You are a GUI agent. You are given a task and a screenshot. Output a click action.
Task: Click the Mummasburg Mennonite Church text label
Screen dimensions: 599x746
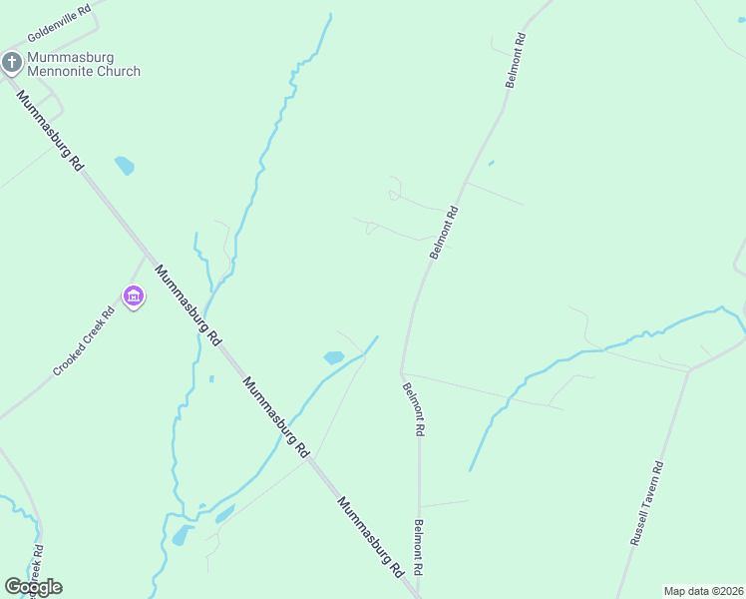click(x=84, y=64)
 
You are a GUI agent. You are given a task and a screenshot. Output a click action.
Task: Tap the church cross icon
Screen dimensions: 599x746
click(x=12, y=64)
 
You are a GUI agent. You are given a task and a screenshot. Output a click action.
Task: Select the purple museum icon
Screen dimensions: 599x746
click(x=134, y=297)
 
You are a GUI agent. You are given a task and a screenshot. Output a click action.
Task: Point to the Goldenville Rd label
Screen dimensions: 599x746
click(x=61, y=21)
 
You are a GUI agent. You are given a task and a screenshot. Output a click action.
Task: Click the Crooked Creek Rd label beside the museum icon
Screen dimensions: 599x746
click(x=85, y=340)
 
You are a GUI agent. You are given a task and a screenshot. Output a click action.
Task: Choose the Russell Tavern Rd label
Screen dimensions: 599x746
click(x=647, y=502)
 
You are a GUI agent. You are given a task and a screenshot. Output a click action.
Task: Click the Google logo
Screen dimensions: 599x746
click(x=33, y=587)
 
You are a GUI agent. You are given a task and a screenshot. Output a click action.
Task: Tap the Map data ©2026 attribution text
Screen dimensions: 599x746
click(x=703, y=590)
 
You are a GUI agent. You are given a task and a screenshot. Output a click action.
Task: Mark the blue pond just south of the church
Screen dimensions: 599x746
click(x=124, y=165)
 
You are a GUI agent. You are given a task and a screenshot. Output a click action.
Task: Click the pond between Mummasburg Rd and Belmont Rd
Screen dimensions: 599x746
click(x=334, y=356)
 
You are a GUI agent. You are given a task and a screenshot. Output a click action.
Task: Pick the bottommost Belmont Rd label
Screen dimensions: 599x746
click(x=420, y=547)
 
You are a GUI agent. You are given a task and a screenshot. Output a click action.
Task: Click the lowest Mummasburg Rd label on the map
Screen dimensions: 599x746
click(x=370, y=537)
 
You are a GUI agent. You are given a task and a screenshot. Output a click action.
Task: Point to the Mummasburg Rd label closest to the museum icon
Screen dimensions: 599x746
click(x=186, y=304)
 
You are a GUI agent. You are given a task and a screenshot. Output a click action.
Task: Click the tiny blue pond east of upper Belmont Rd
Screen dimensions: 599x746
click(x=491, y=163)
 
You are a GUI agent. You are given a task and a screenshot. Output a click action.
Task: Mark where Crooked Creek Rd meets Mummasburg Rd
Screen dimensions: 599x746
click(x=147, y=257)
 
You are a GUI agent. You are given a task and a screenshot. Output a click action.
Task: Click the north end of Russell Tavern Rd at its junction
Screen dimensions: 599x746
click(x=688, y=370)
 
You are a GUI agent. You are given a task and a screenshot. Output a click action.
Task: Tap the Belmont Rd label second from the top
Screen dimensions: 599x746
click(x=444, y=233)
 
